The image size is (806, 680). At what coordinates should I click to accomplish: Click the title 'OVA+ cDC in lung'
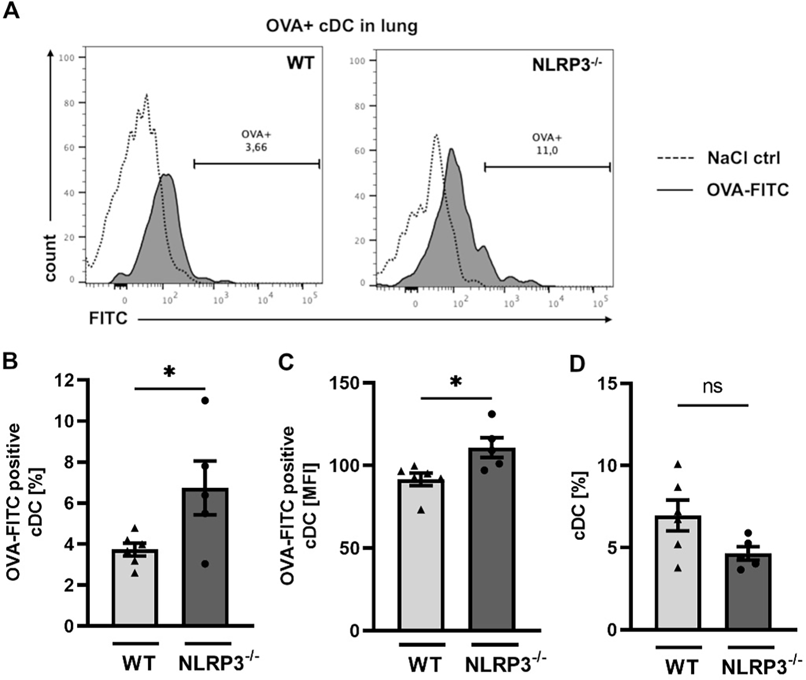coord(341,26)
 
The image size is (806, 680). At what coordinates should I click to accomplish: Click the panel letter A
coord(11,10)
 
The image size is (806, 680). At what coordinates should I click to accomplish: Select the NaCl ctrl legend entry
coord(744,157)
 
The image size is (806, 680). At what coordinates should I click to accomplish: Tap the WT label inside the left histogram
coord(300,63)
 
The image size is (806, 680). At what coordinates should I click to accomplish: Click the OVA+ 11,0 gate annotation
coord(547,144)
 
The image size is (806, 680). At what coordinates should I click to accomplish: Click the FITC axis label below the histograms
coord(108,318)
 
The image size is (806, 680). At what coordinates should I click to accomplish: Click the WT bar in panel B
coord(135,588)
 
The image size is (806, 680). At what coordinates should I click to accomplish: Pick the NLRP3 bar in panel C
coord(492,540)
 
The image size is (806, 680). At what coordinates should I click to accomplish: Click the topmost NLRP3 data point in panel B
coord(205,400)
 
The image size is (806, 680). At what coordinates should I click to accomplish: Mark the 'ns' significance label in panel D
coord(713,387)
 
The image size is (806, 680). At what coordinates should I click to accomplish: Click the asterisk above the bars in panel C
coord(455,381)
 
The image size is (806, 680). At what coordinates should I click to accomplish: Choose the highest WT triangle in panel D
coord(678,464)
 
